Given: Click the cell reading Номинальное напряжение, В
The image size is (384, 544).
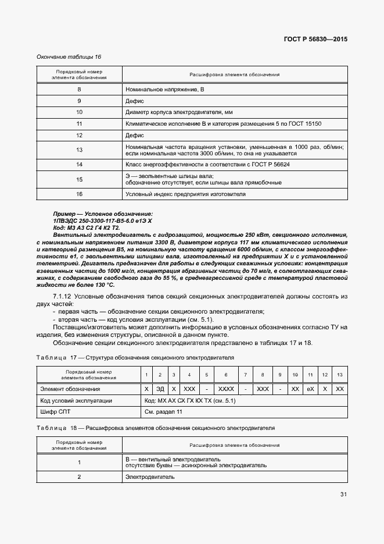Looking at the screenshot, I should click(x=165, y=89).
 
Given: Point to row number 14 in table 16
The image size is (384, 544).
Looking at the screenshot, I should click(x=79, y=165).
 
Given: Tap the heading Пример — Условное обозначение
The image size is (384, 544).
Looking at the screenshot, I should click(x=103, y=214).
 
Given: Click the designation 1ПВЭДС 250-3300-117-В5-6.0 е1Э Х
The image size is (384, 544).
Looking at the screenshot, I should click(x=102, y=221).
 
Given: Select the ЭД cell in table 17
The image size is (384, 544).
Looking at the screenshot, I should click(x=160, y=389).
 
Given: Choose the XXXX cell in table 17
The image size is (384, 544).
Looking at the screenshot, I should click(x=226, y=389).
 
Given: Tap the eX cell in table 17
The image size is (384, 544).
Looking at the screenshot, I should click(x=311, y=389).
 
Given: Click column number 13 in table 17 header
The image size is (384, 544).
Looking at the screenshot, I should click(x=340, y=375).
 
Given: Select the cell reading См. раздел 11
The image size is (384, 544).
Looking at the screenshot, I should click(x=163, y=412).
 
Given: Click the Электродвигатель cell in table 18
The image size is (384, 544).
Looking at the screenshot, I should click(x=150, y=477).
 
